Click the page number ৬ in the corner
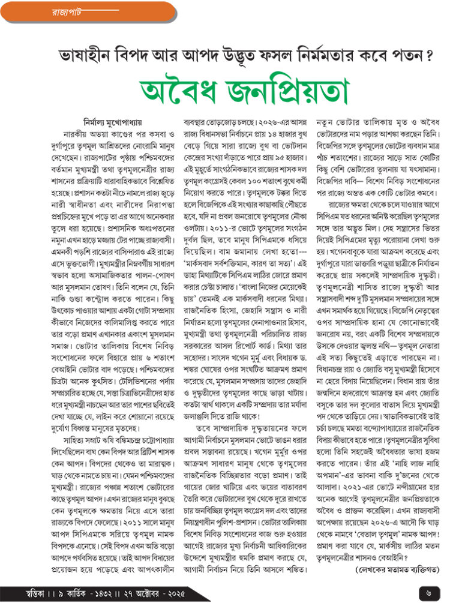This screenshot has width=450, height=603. tap(429, 592)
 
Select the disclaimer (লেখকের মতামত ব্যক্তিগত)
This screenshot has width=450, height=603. tap(397, 568)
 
